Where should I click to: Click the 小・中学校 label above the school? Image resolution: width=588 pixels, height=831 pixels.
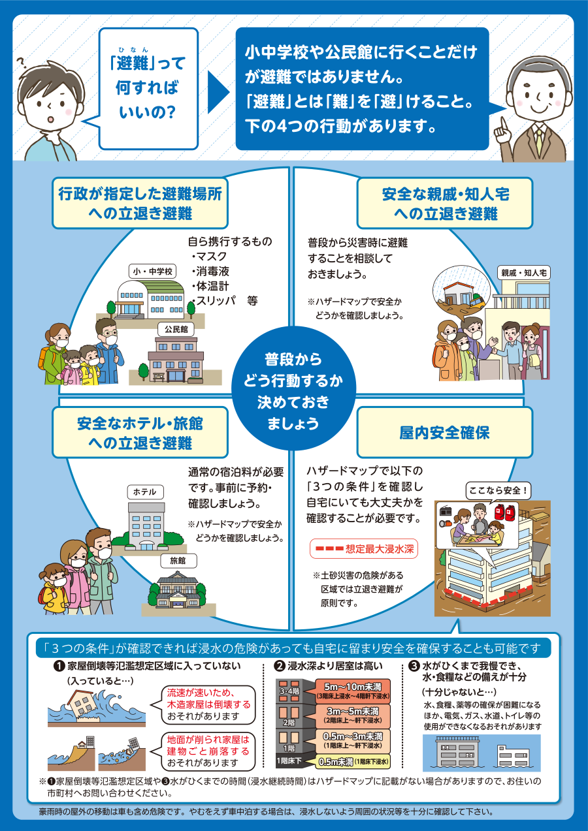(153, 271)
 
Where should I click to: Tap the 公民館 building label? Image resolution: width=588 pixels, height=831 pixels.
(176, 329)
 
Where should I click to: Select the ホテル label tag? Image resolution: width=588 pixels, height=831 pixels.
(145, 492)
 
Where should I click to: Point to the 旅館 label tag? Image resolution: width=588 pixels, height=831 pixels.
(178, 561)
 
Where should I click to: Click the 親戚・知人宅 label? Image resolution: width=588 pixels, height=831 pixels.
(524, 273)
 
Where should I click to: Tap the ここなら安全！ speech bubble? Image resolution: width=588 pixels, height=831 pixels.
(498, 491)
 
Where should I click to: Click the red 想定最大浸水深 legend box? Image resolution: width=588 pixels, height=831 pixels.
(364, 549)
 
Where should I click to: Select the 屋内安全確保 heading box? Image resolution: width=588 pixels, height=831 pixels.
(445, 433)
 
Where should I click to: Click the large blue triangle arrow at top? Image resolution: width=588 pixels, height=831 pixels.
(218, 93)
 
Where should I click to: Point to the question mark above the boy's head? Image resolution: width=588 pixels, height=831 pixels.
(22, 63)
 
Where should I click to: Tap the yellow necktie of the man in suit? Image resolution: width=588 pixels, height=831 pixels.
(538, 142)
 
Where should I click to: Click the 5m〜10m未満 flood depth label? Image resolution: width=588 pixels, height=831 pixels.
(353, 691)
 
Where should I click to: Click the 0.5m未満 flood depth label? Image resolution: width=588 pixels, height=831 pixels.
(353, 762)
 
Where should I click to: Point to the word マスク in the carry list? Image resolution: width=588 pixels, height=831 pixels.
(211, 257)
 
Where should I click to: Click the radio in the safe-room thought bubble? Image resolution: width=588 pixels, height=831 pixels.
(445, 511)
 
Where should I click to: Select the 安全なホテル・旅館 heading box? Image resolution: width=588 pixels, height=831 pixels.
(140, 433)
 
